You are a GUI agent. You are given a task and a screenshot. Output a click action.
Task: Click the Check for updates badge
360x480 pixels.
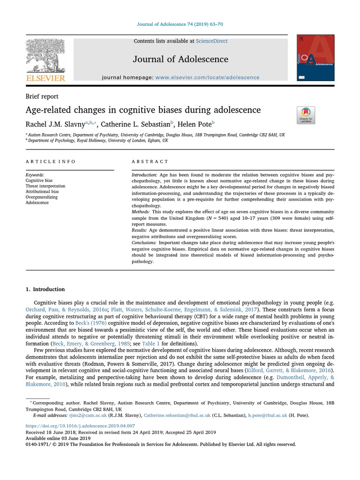[306, 115]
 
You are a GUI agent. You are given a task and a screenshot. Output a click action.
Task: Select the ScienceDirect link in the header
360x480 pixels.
[212, 41]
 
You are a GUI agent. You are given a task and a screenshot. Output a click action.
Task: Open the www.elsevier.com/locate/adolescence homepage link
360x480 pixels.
[207, 77]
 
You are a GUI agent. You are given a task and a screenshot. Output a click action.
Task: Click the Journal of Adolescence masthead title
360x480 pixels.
[180, 59]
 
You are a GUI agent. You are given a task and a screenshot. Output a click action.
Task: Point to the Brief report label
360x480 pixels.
[42, 97]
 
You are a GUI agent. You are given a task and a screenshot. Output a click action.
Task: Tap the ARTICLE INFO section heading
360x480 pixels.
[51, 161]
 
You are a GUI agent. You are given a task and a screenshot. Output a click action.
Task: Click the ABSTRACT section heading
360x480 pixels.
[150, 161]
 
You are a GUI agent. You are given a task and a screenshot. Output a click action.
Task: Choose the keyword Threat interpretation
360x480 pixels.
[45, 186]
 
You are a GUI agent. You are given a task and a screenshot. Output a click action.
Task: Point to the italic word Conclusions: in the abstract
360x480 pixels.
[144, 243]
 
